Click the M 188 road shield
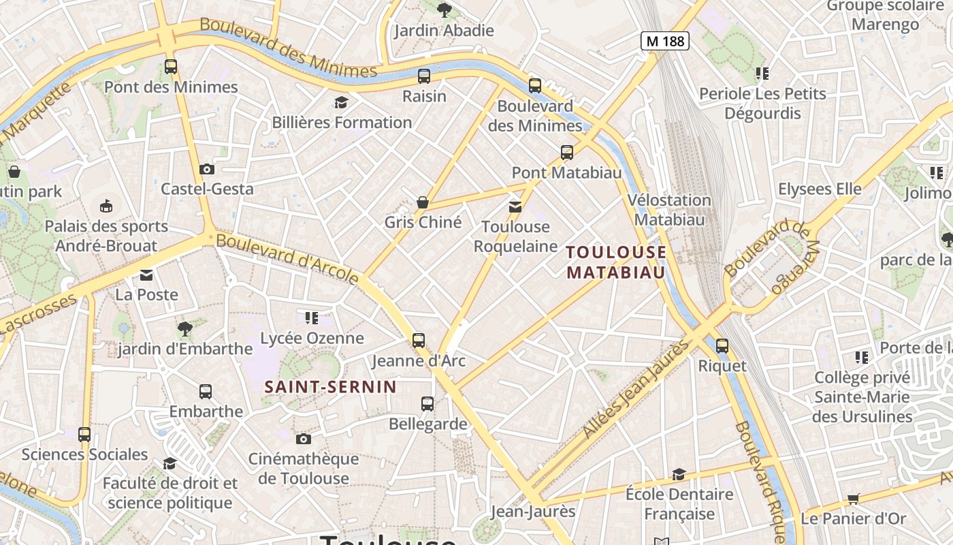coord(665,41)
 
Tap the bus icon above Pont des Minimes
coord(171,67)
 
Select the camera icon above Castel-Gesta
coord(207,169)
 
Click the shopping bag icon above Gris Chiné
coord(423,202)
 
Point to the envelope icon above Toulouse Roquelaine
coord(515,206)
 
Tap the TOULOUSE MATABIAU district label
coord(616,262)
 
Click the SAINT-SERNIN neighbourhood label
coord(330,387)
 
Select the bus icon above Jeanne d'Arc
coord(419,340)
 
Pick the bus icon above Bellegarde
coord(427,404)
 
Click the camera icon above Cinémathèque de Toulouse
coord(304,439)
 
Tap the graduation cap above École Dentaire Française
coord(679,474)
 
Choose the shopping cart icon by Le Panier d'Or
coord(854,498)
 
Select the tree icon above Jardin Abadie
coord(445,10)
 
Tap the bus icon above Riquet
coord(722,346)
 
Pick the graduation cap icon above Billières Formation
coord(341,103)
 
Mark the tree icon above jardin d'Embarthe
coord(184,329)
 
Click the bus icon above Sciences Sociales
coord(84,435)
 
